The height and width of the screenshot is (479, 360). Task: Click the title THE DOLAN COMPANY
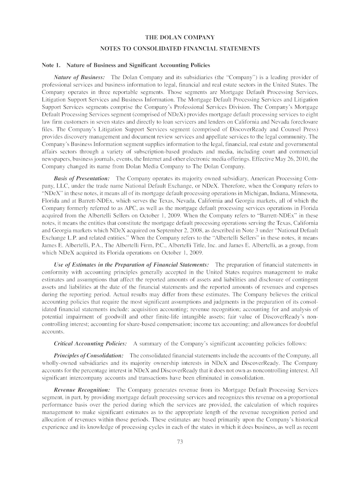tap(180, 36)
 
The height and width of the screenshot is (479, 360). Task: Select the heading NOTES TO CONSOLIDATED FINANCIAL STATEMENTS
tap(180, 49)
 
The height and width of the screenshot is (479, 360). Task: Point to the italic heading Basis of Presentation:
tap(82, 179)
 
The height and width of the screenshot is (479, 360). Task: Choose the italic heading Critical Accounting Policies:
tap(91, 343)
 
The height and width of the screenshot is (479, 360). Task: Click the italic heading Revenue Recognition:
tap(82, 390)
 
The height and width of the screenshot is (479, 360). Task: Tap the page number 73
tap(180, 443)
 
